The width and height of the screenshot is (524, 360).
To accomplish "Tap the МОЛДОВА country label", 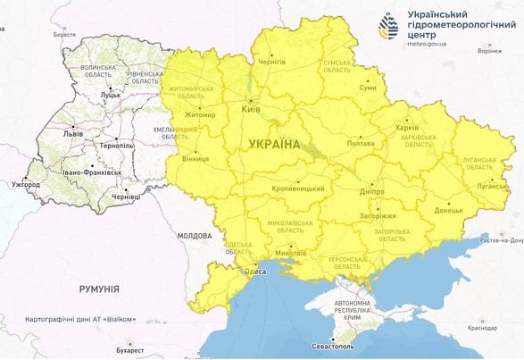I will pos(193,236).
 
